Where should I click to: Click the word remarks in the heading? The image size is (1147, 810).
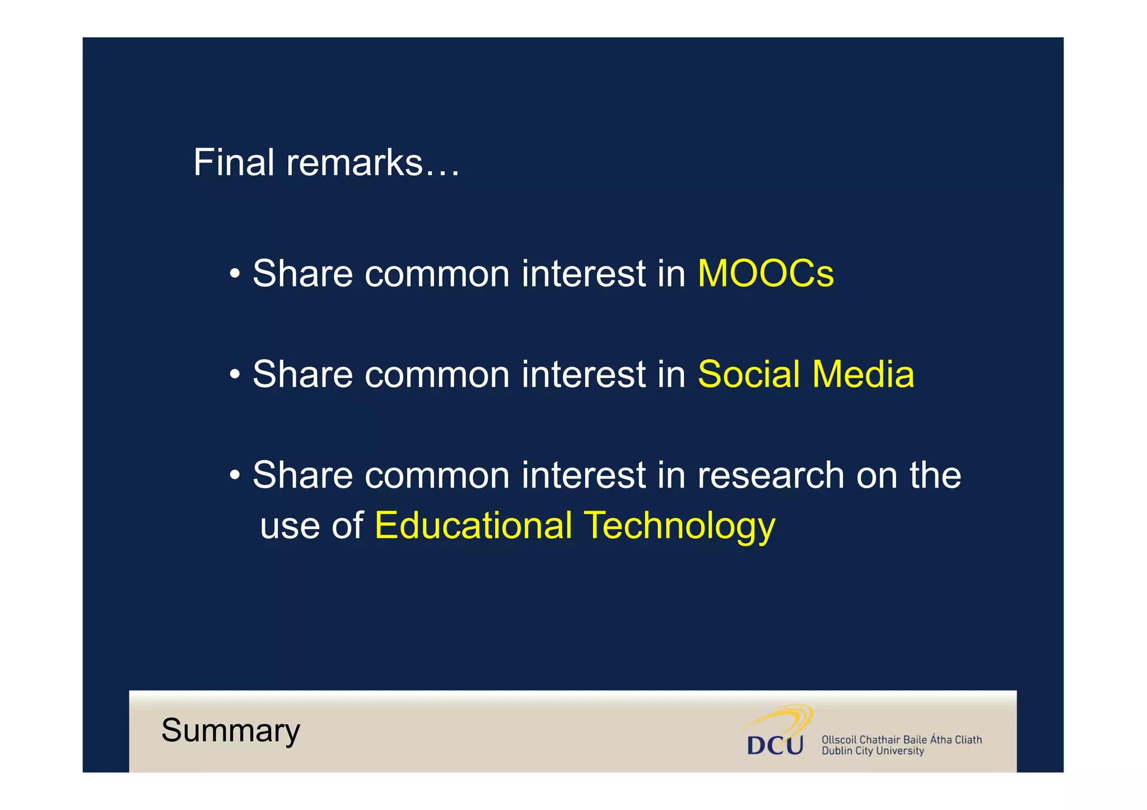354,163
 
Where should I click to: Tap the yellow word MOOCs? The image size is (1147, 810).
766,274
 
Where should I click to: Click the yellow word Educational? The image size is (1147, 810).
473,526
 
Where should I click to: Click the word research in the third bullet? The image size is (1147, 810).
771,475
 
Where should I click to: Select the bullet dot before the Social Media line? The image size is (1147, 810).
235,374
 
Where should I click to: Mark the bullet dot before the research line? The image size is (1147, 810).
235,476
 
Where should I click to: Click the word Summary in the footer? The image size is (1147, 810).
231,731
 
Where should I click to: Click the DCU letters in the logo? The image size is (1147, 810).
775,746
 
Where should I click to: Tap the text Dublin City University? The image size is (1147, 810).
873,751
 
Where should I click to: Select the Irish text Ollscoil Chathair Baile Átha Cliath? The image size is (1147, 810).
901,739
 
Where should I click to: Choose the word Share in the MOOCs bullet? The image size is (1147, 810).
302,274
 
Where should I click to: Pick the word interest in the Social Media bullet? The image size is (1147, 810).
584,374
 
